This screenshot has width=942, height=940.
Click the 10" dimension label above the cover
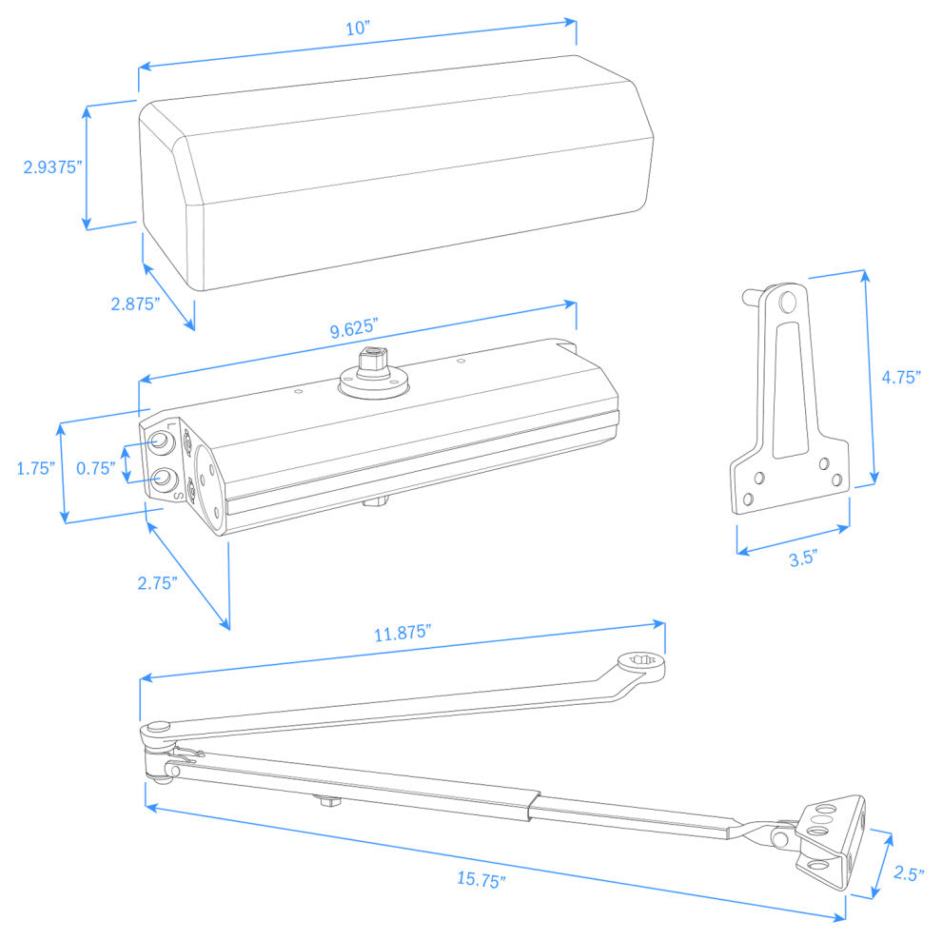tap(357, 29)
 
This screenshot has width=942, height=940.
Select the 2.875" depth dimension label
tap(134, 304)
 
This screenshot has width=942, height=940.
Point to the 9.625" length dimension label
tap(354, 330)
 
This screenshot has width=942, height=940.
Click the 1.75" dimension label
tap(35, 468)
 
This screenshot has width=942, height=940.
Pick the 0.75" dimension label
tap(95, 468)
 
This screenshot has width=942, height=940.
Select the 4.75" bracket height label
tap(901, 377)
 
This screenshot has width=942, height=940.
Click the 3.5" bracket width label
tap(803, 558)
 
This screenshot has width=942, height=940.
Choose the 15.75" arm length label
tap(481, 880)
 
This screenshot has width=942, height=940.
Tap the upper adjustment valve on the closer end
tap(163, 442)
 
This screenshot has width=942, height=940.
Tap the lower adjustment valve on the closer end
tap(164, 476)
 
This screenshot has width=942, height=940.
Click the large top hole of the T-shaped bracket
tap(786, 303)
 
